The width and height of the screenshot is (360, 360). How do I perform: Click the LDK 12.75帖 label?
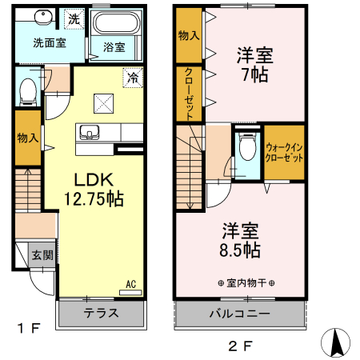tap(93, 190)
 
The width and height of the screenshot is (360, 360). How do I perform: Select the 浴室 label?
tap(114, 47)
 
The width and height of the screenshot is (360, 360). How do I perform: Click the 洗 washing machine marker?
tap(73, 18)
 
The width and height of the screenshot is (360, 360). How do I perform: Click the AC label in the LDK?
tap(131, 283)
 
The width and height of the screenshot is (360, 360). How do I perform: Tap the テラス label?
tap(102, 314)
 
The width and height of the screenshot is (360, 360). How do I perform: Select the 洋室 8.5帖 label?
tap(240, 238)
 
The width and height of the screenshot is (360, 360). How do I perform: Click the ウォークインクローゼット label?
tap(284, 152)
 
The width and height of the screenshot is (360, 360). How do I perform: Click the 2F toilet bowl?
tap(247, 150)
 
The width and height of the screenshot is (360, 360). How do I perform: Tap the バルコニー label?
tap(240, 314)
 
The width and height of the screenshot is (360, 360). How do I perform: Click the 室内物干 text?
tap(246, 283)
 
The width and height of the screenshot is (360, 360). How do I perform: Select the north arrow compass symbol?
tap(335, 343)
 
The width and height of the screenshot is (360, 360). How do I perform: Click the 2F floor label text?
tap(240, 346)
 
